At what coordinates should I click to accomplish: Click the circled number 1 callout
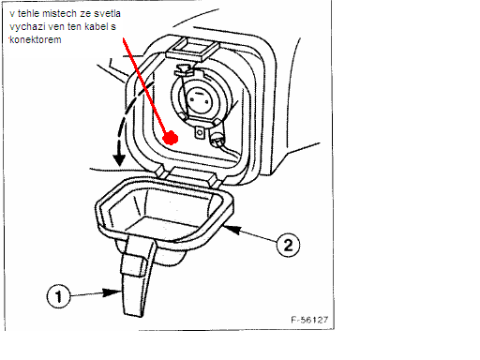pyautogui.click(x=59, y=295)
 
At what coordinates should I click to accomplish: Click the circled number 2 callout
pyautogui.click(x=288, y=245)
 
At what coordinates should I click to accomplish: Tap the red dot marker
pyautogui.click(x=171, y=138)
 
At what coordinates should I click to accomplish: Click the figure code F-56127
pyautogui.click(x=309, y=320)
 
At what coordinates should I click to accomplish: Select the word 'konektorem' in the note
pyautogui.click(x=36, y=39)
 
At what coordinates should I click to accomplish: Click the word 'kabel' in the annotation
pyautogui.click(x=94, y=26)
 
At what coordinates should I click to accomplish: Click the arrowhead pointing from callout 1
pyautogui.click(x=112, y=292)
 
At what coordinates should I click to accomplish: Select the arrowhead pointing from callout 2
pyautogui.click(x=232, y=230)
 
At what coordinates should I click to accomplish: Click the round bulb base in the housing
pyautogui.click(x=199, y=97)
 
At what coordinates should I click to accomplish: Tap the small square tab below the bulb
pyautogui.click(x=200, y=132)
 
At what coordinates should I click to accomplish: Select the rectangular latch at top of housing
pyautogui.click(x=192, y=49)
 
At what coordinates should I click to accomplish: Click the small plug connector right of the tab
pyautogui.click(x=217, y=138)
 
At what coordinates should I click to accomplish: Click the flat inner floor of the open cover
pyautogui.click(x=164, y=228)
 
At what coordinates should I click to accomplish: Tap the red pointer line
pyautogui.click(x=144, y=85)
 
